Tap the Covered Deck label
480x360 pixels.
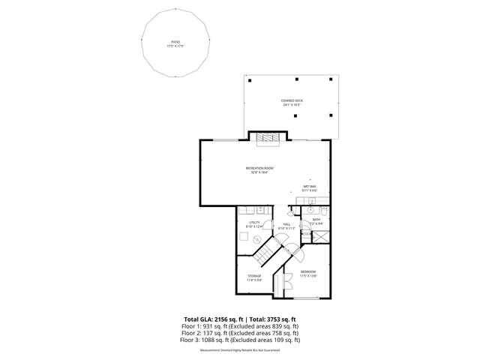click(292, 102)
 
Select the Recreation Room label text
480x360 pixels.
click(259, 169)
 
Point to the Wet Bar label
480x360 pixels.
click(309, 188)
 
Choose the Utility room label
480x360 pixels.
click(254, 223)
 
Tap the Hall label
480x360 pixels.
click(286, 225)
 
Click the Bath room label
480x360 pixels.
click(316, 222)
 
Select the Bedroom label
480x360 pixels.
click(309, 273)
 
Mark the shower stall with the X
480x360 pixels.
click(321, 235)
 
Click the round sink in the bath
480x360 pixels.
click(310, 212)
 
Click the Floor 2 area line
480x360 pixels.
click(239, 333)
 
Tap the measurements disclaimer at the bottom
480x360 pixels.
click(239, 350)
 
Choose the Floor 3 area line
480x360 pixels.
click(239, 340)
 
